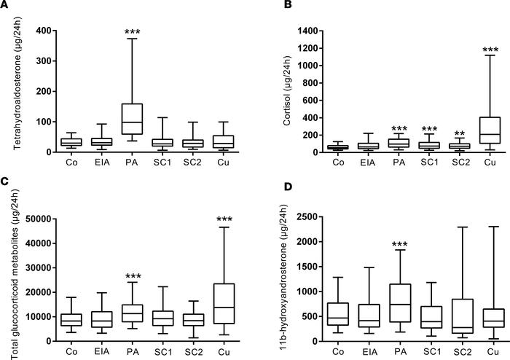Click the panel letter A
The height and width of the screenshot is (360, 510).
pyautogui.click(x=5, y=6)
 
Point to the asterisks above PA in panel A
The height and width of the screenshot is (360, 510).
pyautogui.click(x=92, y=33)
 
